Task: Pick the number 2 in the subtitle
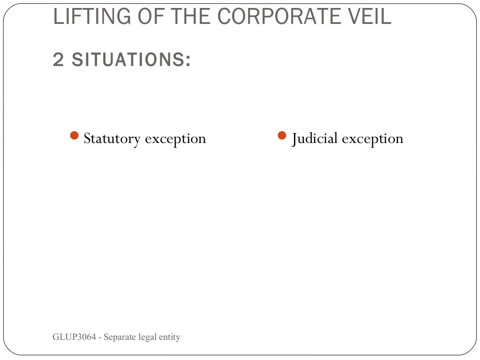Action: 58,60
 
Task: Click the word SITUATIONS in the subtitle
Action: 128,60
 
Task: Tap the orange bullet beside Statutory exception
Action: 74,136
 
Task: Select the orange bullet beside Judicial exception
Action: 282,136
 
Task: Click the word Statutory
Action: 112,139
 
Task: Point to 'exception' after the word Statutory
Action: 175,139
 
